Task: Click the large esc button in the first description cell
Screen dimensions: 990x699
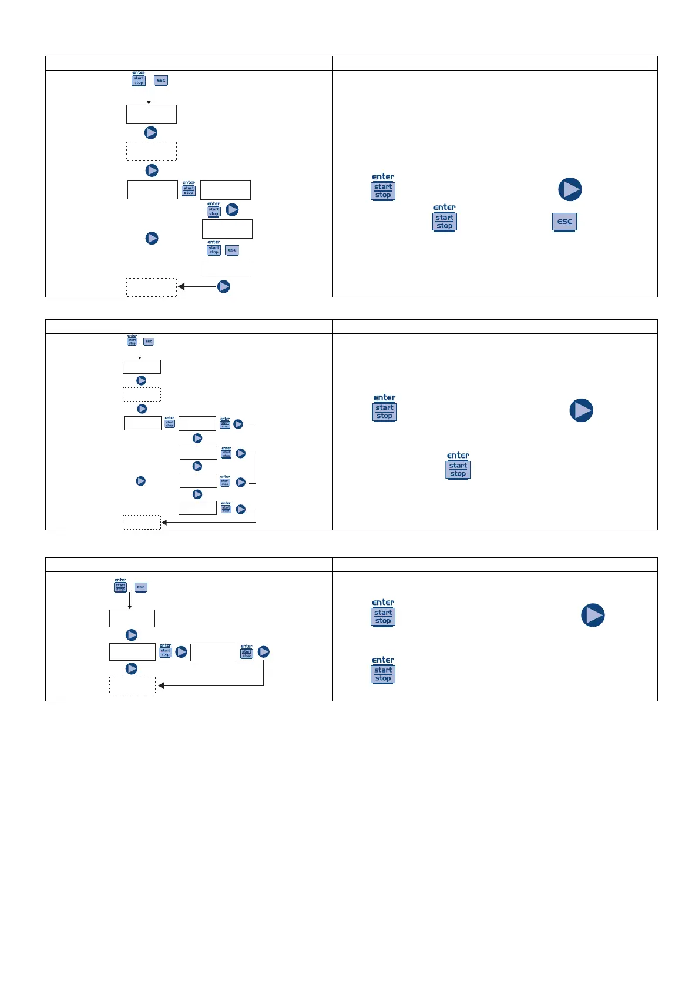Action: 564,222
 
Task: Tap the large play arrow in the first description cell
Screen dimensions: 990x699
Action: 570,189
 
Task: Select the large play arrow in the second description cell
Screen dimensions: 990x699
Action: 581,410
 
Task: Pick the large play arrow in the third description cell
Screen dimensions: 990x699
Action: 593,615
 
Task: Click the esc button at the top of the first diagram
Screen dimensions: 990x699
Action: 161,80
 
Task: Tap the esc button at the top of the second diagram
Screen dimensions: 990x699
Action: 149,341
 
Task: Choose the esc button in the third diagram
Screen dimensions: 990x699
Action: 141,587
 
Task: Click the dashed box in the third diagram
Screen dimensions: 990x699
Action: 133,685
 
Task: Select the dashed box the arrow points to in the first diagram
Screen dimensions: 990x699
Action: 152,287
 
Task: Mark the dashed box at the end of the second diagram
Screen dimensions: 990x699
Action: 142,522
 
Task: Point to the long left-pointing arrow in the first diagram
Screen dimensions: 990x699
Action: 197,287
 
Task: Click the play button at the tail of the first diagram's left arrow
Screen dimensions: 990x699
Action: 224,286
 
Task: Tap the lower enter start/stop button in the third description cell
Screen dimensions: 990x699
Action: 383,671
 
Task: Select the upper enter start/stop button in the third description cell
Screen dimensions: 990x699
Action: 383,613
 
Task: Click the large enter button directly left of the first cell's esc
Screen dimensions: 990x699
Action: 445,218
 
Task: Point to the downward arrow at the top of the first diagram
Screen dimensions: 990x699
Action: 149,96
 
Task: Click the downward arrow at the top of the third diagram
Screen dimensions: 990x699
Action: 130,601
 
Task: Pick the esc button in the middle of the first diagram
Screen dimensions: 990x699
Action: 232,250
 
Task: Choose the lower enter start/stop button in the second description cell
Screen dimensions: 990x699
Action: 458,466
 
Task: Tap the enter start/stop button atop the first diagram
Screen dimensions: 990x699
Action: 139,79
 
